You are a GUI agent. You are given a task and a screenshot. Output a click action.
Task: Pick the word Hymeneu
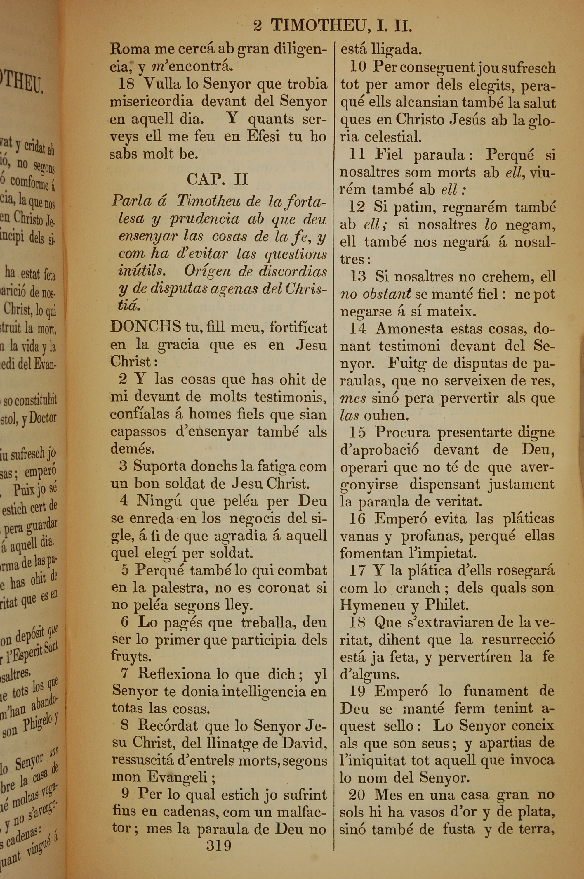[372, 605]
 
